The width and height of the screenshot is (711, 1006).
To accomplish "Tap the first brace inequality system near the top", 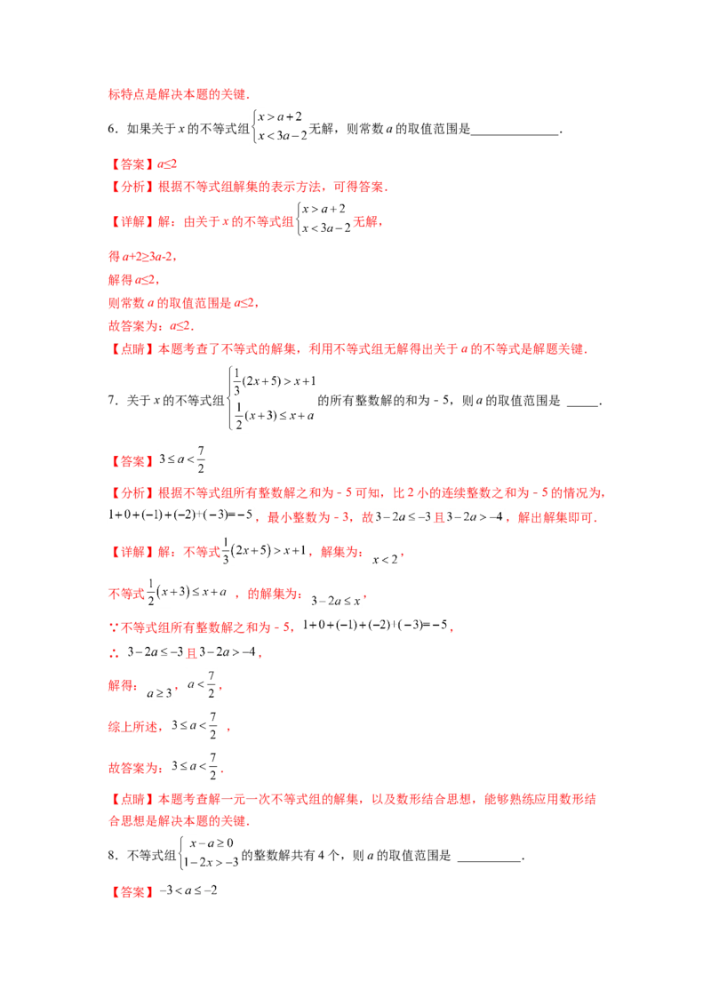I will [x=279, y=126].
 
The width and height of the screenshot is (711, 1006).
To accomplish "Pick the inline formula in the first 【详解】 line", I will [x=324, y=221].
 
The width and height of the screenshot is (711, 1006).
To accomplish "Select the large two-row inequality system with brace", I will [x=271, y=397].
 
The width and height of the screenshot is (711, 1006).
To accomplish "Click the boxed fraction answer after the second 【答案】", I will [x=182, y=459].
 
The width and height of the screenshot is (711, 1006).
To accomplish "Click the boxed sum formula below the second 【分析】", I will [x=181, y=516].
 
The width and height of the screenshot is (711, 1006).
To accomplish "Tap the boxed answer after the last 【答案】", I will [x=188, y=891].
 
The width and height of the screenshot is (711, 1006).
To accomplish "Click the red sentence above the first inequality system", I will [x=178, y=94].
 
